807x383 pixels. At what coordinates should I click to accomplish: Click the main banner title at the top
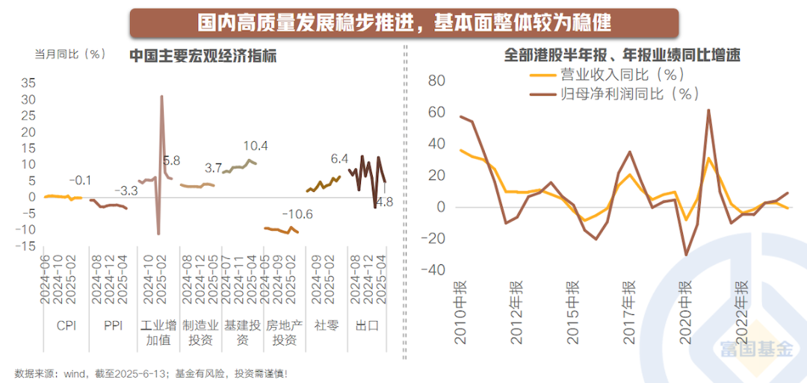click(403, 22)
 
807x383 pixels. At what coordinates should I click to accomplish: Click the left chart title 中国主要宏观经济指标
click(202, 56)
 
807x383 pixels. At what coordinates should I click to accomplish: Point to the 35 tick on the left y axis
click(27, 83)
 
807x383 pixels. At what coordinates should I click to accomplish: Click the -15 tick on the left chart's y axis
click(25, 246)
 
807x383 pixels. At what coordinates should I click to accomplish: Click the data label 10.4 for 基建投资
click(256, 146)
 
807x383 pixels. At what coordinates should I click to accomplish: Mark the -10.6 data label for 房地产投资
click(297, 215)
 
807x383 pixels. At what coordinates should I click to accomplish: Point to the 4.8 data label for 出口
click(384, 202)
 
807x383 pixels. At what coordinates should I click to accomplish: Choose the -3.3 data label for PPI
click(124, 191)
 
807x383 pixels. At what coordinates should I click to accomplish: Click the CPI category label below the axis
click(67, 326)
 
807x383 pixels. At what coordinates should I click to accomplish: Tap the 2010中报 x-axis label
click(460, 313)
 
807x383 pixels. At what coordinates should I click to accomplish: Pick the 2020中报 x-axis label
click(684, 313)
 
